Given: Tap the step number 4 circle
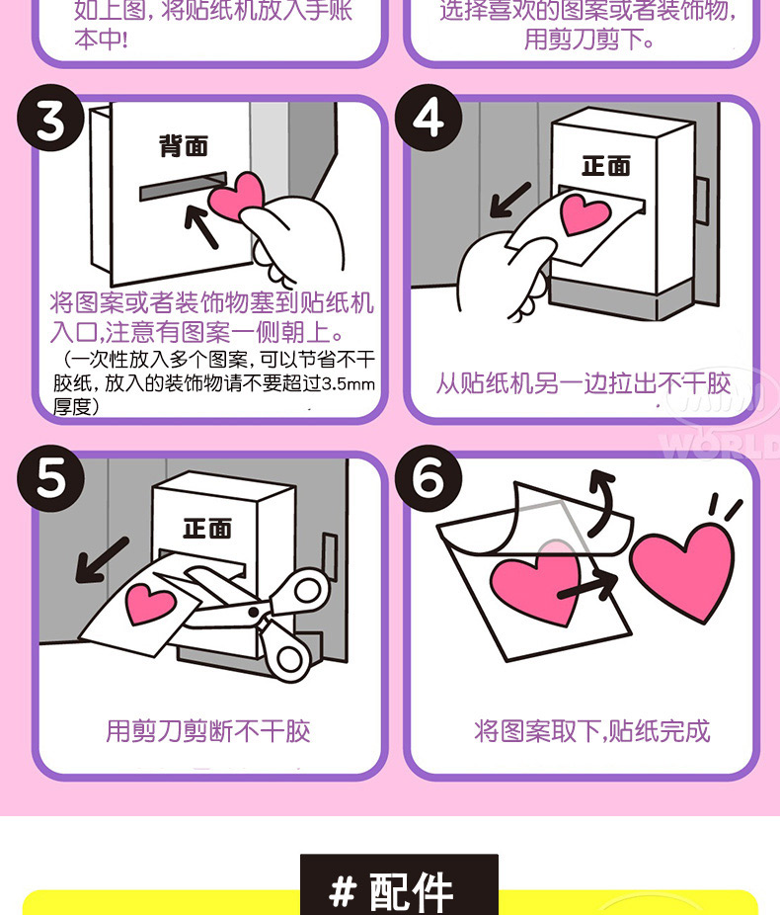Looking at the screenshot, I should click(428, 120).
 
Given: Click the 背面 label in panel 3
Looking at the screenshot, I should click(185, 146).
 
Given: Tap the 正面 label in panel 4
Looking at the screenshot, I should click(606, 164).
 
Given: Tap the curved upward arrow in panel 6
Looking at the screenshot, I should click(600, 491).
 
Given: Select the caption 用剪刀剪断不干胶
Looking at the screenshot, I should click(208, 731).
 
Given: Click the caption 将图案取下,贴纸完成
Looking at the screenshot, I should click(591, 731).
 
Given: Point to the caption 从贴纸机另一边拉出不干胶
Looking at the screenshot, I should click(584, 383).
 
